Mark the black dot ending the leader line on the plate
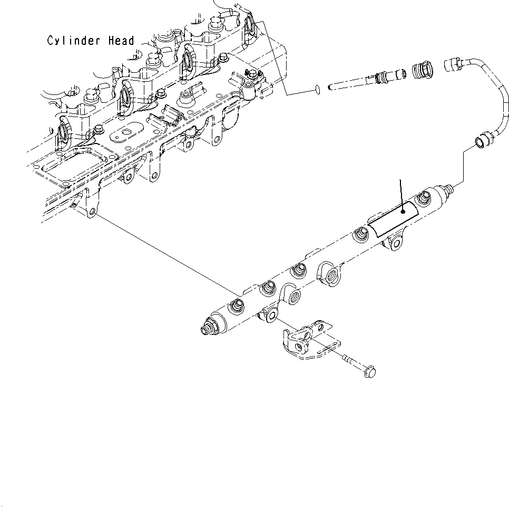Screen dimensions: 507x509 click(403, 211)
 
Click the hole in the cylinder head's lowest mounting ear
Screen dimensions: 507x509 click(93, 212)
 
